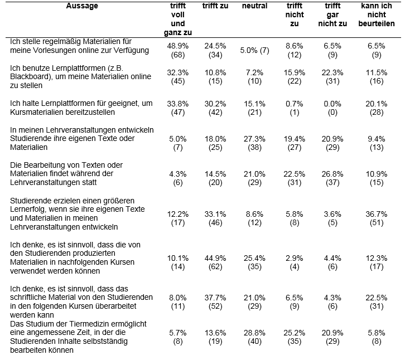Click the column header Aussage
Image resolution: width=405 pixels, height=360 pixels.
pyautogui.click(x=82, y=6)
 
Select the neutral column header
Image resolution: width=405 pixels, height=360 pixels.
pyautogui.click(x=254, y=6)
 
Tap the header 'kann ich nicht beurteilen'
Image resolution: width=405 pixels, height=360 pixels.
pyautogui.click(x=377, y=14)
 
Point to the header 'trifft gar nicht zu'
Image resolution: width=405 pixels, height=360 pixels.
pyautogui.click(x=332, y=14)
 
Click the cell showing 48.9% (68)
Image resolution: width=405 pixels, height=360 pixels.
pyautogui.click(x=178, y=50)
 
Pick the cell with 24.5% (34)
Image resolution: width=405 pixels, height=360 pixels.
pyautogui.click(x=215, y=50)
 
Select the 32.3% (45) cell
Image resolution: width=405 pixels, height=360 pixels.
pyautogui.click(x=178, y=77)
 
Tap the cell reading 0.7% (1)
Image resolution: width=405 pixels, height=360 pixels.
pyautogui.click(x=294, y=108)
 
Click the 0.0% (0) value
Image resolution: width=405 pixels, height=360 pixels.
pyautogui.click(x=332, y=108)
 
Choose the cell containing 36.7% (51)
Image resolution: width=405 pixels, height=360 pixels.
pyautogui.click(x=377, y=218)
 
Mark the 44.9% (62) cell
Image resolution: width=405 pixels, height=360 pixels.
pyautogui.click(x=215, y=262)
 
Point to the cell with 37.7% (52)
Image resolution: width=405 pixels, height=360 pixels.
pyautogui.click(x=215, y=302)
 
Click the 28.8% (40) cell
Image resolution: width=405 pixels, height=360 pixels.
pyautogui.click(x=254, y=337)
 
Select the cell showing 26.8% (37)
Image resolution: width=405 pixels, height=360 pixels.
pyautogui.click(x=332, y=178)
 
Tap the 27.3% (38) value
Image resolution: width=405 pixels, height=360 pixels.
pyautogui.click(x=254, y=143)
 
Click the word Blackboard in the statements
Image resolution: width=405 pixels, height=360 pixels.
pyautogui.click(x=30, y=77)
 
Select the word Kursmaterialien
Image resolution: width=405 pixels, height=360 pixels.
pyautogui.click(x=36, y=112)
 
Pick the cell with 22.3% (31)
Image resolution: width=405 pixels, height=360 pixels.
pyautogui.click(x=332, y=77)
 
